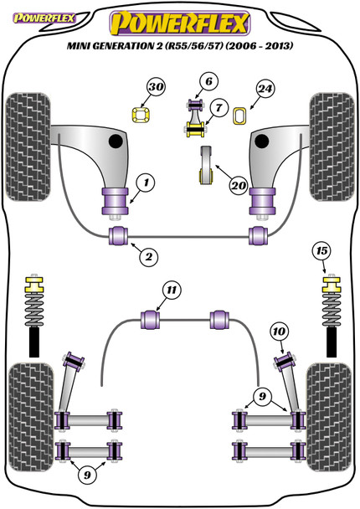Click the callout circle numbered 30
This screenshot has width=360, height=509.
[156, 87]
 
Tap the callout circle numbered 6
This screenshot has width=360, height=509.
[208, 81]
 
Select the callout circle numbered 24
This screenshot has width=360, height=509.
[265, 89]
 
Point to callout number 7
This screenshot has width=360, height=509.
[219, 108]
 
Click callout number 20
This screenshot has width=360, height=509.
[239, 186]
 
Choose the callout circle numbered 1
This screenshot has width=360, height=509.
[146, 183]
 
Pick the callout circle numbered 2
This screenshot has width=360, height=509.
[149, 257]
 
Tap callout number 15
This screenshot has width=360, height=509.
[321, 251]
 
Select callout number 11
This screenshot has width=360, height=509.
[172, 290]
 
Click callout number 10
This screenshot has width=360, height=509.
[279, 332]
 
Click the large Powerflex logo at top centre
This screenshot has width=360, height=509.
[180, 23]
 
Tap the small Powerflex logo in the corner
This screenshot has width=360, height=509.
[44, 18]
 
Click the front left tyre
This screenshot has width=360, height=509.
[28, 147]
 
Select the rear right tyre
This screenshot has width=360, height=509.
[329, 418]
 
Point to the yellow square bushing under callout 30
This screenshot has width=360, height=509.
[141, 115]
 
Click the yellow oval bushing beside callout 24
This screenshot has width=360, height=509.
[239, 116]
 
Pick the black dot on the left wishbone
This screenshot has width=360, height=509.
[116, 141]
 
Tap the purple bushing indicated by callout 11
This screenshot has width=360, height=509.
[151, 320]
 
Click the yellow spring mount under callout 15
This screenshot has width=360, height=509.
[332, 284]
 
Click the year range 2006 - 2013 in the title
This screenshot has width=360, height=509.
[259, 46]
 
